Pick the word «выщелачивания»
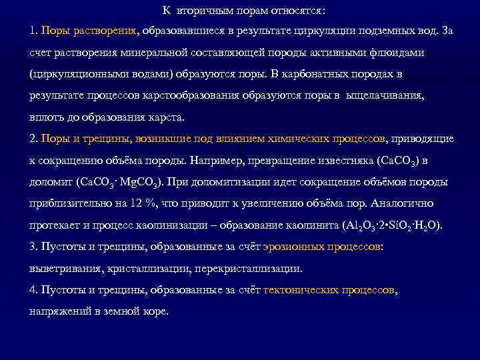pyautogui.click(x=383, y=95)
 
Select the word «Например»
pyautogui.click(x=218, y=161)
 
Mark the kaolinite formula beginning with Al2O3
pyautogui.click(x=391, y=225)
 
